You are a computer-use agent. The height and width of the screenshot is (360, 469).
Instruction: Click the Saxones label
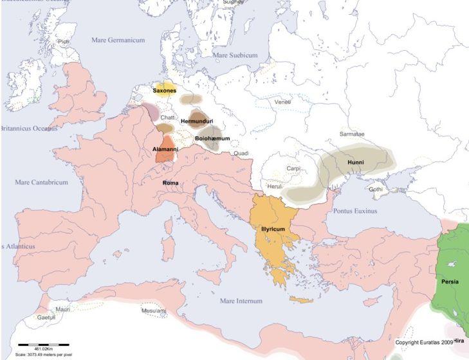tap(164, 91)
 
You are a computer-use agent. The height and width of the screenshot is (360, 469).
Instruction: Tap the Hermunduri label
tap(197, 122)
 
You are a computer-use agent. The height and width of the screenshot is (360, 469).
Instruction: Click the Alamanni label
tap(165, 148)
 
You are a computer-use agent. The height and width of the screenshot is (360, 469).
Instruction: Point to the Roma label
tap(170, 183)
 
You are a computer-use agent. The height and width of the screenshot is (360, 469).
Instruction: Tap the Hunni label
tap(356, 163)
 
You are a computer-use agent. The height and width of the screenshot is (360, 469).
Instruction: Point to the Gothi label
tap(376, 190)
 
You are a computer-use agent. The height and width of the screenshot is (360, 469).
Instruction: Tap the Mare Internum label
tap(241, 301)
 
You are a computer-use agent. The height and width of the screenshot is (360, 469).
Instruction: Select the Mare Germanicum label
tap(118, 40)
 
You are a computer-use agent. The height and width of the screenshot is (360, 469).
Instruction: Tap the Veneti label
tap(282, 102)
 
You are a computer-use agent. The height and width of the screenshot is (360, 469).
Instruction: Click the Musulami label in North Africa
tap(154, 310)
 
